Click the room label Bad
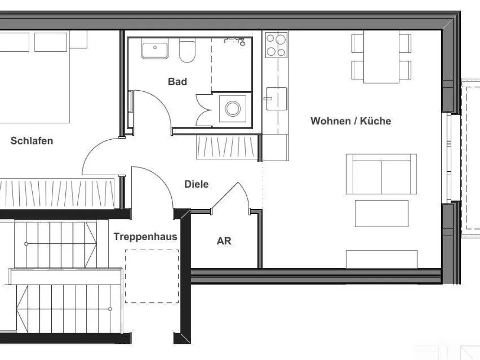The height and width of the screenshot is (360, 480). coord(177,82)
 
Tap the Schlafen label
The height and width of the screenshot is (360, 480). coord(32,141)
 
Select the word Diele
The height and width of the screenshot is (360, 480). coord(196,184)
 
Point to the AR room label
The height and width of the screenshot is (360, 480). coord(224,241)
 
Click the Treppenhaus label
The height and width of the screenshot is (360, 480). coord(145,236)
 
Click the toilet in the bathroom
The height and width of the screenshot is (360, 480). coord(187,51)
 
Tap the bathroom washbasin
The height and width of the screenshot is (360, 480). coord(155,50)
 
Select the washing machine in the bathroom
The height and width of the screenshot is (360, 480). coord(233,108)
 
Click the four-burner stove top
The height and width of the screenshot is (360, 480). coord(276,45)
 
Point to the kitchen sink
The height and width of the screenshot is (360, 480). coord(276,99)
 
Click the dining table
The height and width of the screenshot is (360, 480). coord(382,57)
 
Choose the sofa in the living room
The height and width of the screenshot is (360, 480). coord(382,174)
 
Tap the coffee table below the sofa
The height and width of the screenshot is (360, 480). coord(382,214)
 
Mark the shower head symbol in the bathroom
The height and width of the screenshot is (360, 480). coord(235,41)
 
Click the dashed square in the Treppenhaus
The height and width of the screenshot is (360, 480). coord(152,276)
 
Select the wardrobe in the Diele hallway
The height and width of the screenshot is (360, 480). coord(227,147)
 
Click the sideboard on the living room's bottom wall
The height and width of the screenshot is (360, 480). coord(382,259)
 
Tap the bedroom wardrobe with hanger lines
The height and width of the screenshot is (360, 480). coord(57,192)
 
